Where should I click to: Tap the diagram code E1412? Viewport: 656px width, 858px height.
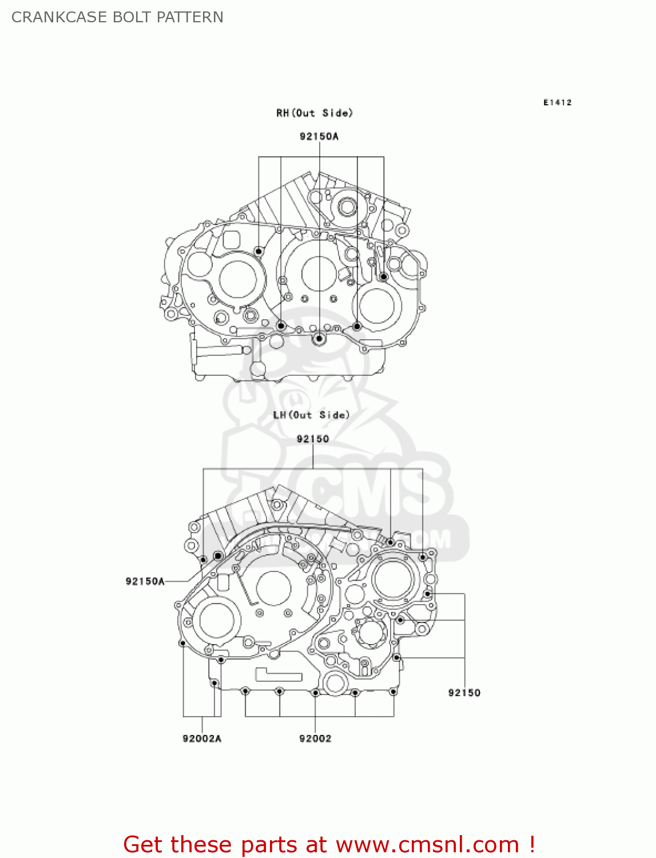557,102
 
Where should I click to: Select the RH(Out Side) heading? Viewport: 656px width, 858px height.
315,113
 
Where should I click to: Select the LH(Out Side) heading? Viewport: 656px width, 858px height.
311,415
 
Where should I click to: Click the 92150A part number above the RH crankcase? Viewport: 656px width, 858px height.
319,136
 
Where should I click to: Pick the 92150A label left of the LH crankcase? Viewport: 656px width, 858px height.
145,581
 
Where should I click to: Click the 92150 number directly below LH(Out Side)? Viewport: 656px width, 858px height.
313,439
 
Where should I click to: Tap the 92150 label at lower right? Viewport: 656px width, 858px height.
464,693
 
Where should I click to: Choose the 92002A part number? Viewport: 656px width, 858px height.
201,738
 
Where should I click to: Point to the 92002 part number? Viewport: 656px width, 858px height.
315,738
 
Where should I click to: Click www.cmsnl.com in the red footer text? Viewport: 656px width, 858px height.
427,844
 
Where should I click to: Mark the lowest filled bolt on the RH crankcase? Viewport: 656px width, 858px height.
319,339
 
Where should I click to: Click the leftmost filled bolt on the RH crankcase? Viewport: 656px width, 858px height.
259,251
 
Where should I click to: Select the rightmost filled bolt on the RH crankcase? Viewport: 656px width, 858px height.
384,277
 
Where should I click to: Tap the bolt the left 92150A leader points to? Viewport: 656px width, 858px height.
217,556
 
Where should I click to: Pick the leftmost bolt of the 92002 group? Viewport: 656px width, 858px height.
245,692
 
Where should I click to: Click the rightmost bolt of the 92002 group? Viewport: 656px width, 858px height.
393,692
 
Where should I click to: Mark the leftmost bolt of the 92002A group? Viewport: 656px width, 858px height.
182,643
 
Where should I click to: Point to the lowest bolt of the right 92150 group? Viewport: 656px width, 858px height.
397,658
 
